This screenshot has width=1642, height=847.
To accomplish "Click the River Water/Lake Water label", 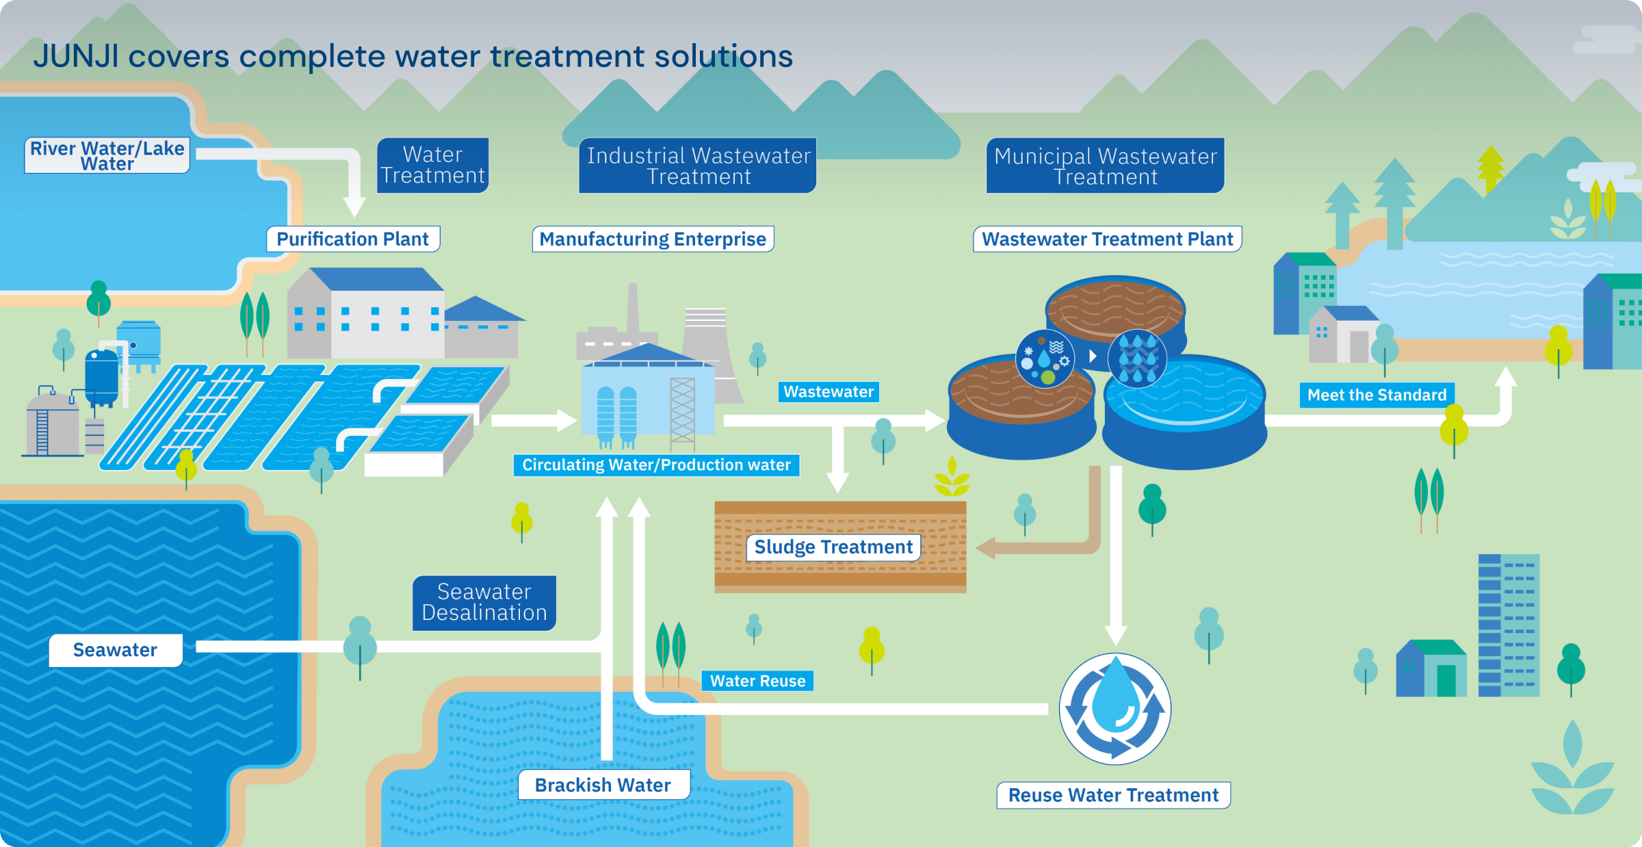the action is coord(107,155).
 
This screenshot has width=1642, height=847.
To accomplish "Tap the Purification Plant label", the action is coord(353,239).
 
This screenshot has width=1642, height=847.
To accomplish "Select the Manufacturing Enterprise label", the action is coord(653,239).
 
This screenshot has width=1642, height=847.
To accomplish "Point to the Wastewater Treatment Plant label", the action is coord(1108,239).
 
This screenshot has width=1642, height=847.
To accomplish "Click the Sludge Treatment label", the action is coord(833,547).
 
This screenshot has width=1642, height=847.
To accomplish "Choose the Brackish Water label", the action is coord(603,785).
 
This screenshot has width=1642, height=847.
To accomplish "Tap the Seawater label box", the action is coord(116,650).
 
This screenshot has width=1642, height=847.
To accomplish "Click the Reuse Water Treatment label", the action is coord(1113,795).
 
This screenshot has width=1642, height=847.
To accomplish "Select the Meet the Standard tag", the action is coord(1377,395).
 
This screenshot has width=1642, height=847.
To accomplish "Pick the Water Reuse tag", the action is coord(757,681).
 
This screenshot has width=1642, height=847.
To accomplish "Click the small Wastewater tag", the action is coord(829,392).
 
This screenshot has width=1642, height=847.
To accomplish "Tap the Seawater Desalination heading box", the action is coord(484,603).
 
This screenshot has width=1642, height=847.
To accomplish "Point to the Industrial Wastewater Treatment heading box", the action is coord(698,166).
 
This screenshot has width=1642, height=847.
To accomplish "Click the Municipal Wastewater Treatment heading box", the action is coord(1105,166).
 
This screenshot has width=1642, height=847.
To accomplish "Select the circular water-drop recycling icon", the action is coord(1115,709).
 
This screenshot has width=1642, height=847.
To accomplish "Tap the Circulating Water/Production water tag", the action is coord(656,465).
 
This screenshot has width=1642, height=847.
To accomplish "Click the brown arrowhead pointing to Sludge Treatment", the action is coord(985,547).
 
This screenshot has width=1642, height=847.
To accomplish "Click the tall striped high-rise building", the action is coord(1509,625).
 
